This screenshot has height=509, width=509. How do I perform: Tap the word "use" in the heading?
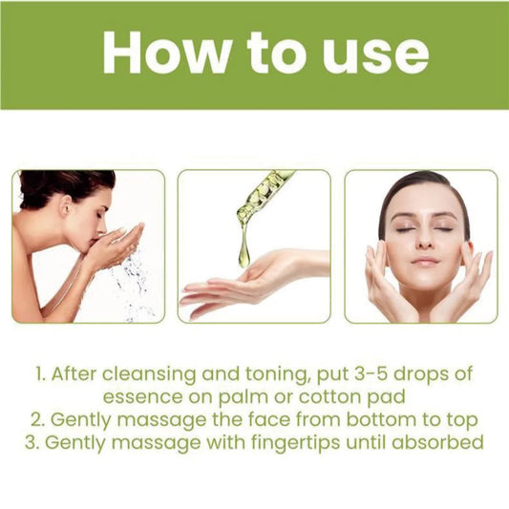pos(373,55)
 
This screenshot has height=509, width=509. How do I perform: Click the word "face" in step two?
pos(261,418)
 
